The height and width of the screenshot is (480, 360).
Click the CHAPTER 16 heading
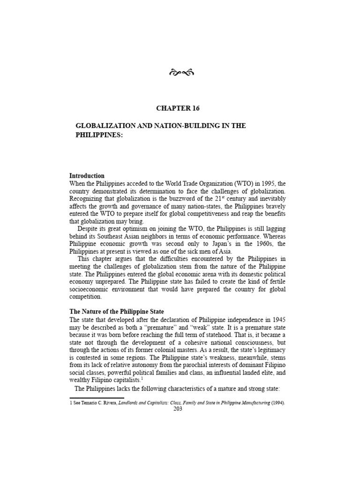[x=178, y=109]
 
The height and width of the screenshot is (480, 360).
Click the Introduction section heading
[x=87, y=176]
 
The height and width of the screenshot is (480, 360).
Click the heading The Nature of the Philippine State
[x=117, y=311]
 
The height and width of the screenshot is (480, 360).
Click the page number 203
[x=178, y=409]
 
